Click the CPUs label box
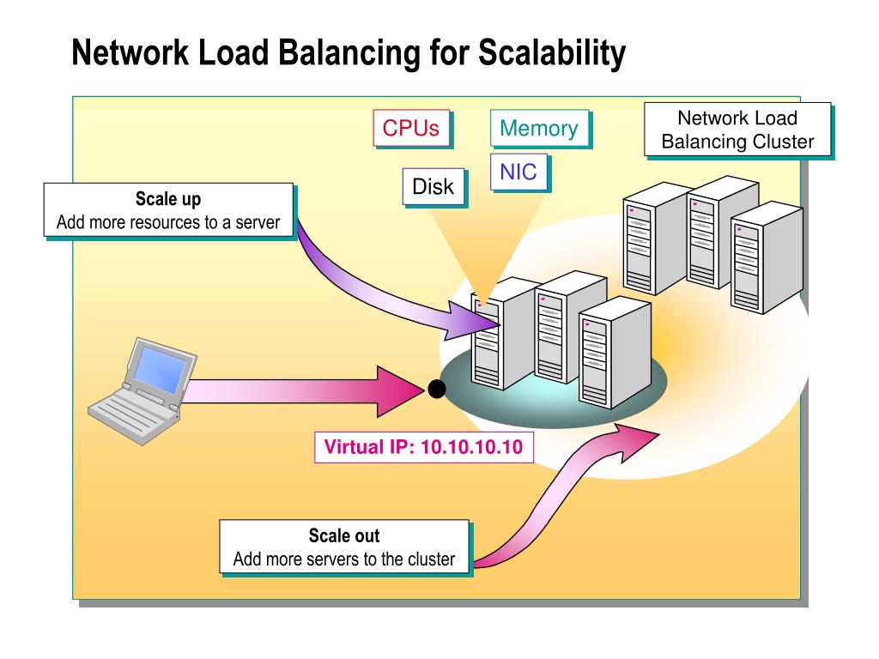[x=411, y=129]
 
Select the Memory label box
[x=539, y=129]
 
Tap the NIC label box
[x=518, y=172]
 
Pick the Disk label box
[x=433, y=186]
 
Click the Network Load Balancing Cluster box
[x=737, y=130]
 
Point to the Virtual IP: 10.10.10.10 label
[x=423, y=447]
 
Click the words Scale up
[x=168, y=200]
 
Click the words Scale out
[x=344, y=536]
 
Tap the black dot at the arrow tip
[x=437, y=390]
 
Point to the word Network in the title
[x=130, y=53]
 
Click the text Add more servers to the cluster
[x=344, y=559]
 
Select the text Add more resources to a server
[x=168, y=223]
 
